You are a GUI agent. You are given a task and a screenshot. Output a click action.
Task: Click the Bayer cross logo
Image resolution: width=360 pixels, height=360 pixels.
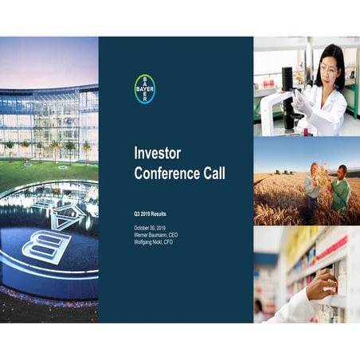pyautogui.click(x=144, y=88)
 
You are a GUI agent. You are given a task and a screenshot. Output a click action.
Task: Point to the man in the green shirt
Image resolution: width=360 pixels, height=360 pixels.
pyautogui.click(x=340, y=189)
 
